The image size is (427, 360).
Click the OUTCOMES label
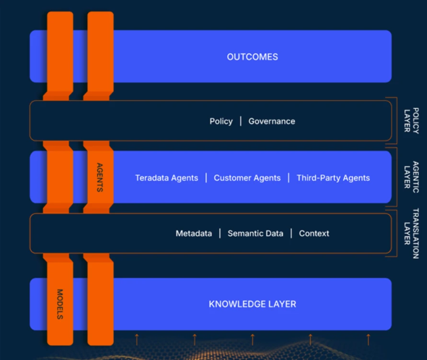click(253, 57)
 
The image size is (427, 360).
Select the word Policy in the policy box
click(221, 121)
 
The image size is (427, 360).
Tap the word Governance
click(272, 121)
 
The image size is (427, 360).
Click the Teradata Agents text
click(167, 178)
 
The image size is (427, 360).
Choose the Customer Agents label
click(247, 178)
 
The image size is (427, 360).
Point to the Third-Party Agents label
click(334, 178)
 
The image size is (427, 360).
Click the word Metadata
click(194, 233)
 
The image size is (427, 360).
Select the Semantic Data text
click(255, 233)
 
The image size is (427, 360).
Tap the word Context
click(314, 233)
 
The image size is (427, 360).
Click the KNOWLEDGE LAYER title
click(253, 304)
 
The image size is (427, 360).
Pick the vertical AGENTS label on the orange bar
click(100, 177)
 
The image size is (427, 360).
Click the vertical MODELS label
click(60, 304)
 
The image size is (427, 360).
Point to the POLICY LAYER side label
click(412, 120)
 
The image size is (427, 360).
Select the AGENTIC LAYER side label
click(412, 177)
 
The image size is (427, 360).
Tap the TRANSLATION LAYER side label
click(412, 233)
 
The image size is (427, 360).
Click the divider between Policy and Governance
click(241, 121)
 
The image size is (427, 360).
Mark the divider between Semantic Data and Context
click(291, 233)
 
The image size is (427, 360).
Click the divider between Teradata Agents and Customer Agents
click(206, 178)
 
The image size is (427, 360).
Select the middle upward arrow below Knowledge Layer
click(253, 339)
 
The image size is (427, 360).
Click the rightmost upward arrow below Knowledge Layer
click(369, 339)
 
